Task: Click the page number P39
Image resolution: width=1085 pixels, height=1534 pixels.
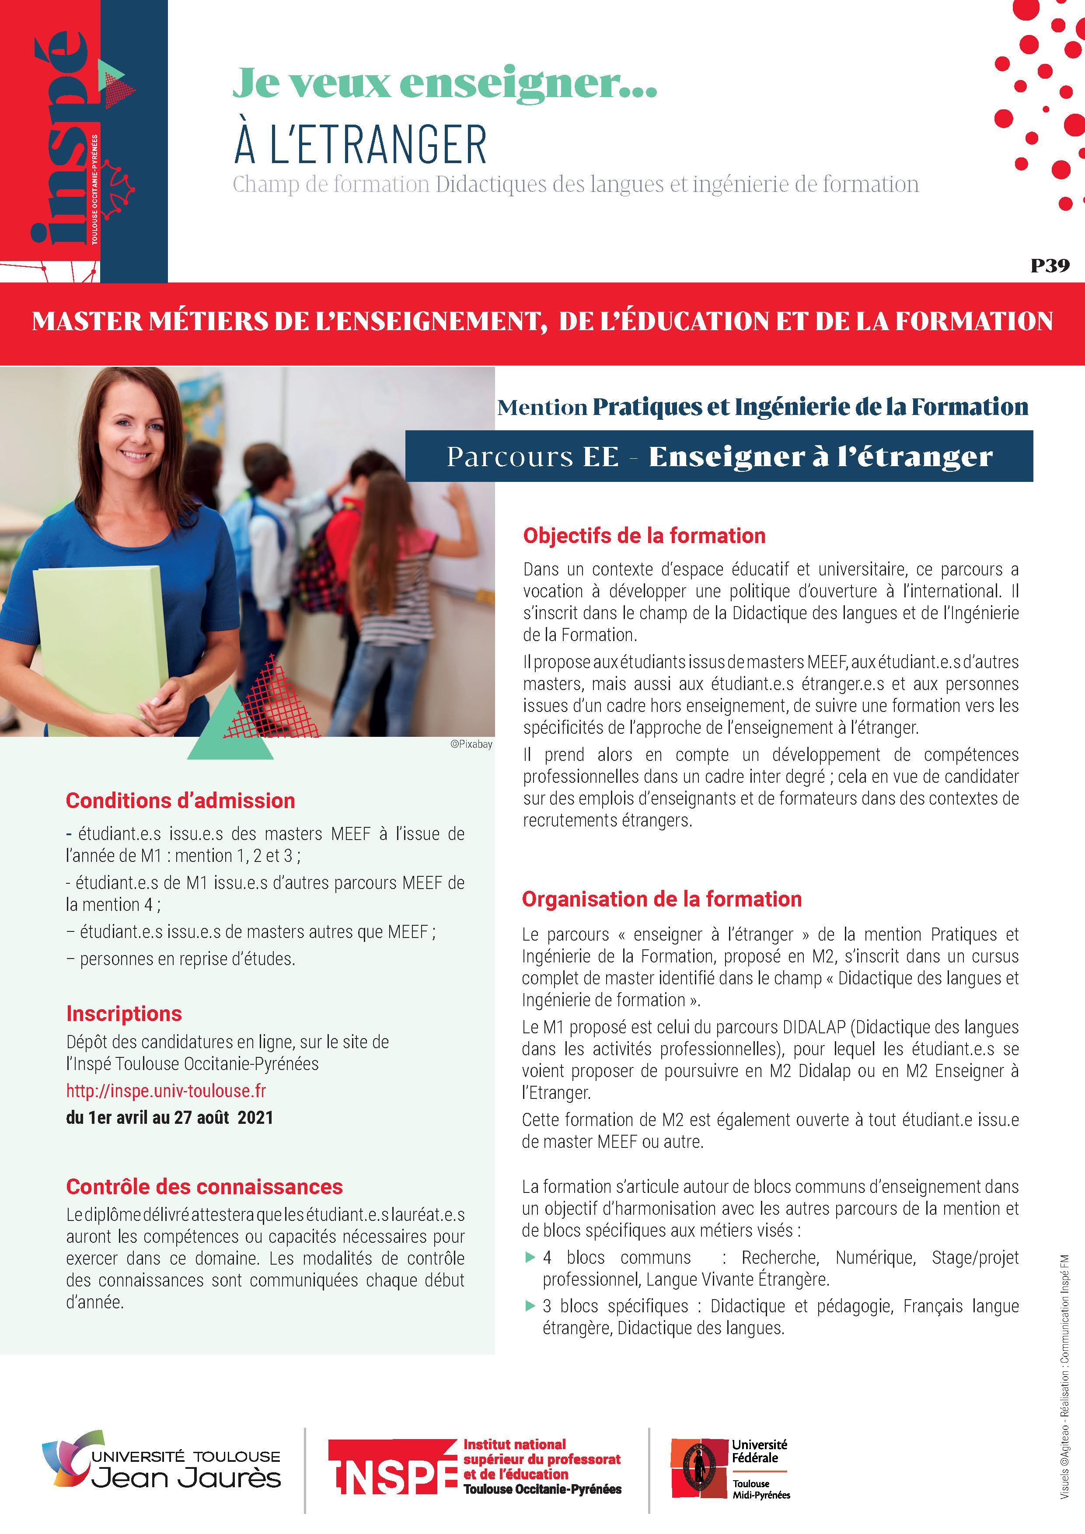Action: point(1050,265)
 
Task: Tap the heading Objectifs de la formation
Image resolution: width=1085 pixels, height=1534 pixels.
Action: point(644,535)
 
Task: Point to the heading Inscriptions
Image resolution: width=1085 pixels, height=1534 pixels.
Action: point(124,1014)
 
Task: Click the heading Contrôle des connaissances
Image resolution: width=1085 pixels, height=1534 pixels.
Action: point(204,1187)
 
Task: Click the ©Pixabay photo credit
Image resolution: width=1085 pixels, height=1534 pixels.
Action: point(471,744)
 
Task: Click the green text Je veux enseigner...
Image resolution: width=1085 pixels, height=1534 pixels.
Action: point(444,84)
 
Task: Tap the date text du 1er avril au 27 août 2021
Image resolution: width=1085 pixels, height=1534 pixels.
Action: point(170,1117)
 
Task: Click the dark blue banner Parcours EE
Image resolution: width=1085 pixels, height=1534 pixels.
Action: point(719,457)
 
